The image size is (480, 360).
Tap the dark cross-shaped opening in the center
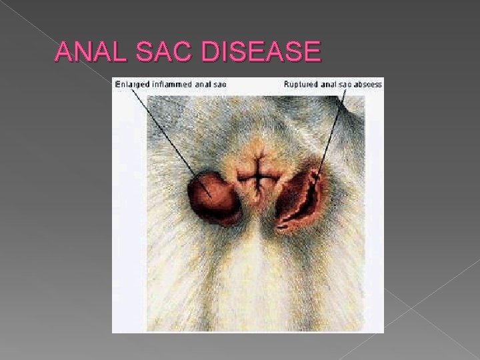point(256,179)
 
